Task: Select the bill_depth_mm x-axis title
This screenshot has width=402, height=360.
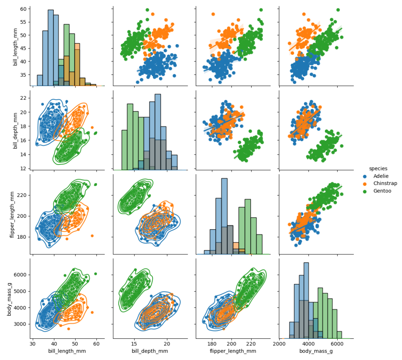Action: click(x=150, y=351)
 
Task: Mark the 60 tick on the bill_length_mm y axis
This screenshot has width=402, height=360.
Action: click(x=23, y=9)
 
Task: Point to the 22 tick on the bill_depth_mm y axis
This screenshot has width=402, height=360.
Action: click(x=23, y=98)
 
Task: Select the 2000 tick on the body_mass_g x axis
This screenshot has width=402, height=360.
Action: click(x=279, y=344)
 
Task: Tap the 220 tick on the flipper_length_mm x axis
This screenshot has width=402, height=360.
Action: click(x=251, y=344)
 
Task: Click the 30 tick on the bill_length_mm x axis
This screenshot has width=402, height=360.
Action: click(x=33, y=344)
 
